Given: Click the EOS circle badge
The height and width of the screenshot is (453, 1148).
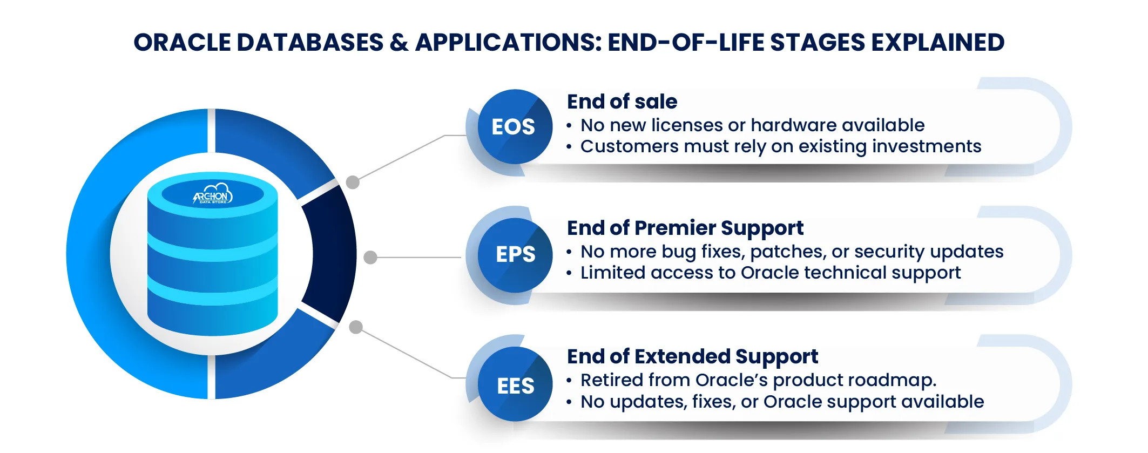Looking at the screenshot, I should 514,127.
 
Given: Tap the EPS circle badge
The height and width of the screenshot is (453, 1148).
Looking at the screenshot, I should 515,255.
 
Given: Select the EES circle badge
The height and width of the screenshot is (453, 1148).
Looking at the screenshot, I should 515,385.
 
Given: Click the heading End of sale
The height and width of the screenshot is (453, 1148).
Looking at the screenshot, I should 622,102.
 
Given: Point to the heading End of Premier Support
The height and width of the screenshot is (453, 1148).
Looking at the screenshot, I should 685,228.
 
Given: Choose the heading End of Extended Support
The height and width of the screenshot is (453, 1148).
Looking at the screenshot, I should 692,356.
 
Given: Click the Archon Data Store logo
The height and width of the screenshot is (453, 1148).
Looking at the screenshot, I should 213,195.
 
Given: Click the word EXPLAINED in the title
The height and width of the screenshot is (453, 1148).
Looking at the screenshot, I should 938,43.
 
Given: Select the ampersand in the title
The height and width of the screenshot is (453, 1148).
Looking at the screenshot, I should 399,43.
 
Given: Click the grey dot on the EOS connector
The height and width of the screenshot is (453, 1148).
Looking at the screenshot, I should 353,182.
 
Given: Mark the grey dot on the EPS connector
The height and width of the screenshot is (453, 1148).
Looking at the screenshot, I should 370,258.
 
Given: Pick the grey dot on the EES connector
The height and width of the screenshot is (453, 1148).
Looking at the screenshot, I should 356,327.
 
